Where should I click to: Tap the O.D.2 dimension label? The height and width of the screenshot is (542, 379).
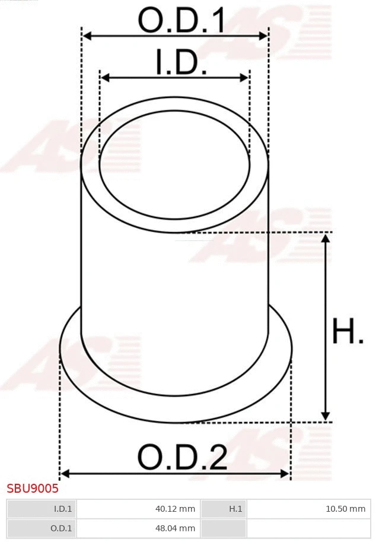[x=182, y=457]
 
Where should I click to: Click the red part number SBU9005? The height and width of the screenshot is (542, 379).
[x=33, y=489]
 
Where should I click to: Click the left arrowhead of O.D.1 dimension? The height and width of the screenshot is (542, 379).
[x=87, y=36]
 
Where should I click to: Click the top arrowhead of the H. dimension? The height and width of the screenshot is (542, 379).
[x=325, y=238]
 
